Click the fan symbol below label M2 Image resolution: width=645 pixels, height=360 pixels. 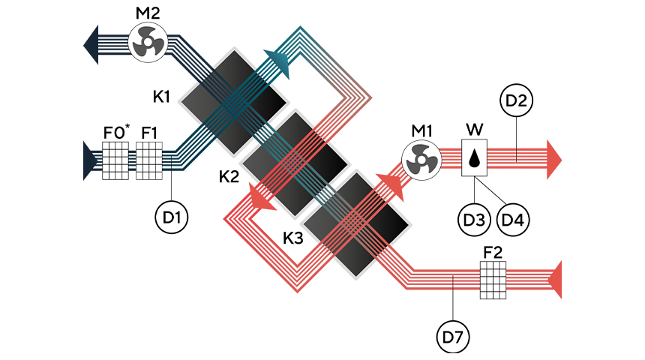coord(148,43)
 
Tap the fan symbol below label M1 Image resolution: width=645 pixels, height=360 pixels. coord(421,160)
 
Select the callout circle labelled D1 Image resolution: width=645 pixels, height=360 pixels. coord(172,217)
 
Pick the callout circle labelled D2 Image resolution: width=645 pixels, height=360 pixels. coord(516,100)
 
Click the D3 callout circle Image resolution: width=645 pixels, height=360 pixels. coord(474,219)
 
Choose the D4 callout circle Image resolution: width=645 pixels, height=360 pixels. coord(513,219)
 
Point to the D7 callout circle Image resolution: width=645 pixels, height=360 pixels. coord(453,337)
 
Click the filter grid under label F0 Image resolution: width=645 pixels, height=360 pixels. coord(115,160)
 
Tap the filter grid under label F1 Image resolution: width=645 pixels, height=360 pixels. coord(149,160)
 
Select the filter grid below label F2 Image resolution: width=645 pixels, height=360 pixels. coord(493,280)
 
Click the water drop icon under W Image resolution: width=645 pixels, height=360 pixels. coord(475,158)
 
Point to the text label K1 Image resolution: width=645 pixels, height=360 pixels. coord(162,97)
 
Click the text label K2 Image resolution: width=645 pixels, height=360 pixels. coord(229,176)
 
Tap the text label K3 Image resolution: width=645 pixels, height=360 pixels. coord(293,238)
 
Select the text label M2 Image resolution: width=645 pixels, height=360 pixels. coord(148,13)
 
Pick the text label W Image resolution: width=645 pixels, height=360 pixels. coord(475,130)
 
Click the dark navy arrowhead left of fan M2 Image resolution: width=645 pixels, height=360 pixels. coord(91,45)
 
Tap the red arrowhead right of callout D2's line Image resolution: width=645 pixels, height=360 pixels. coord(554,159)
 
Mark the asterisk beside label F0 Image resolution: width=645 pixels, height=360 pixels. coord(127,126)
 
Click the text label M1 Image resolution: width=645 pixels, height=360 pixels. coord(422,130)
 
